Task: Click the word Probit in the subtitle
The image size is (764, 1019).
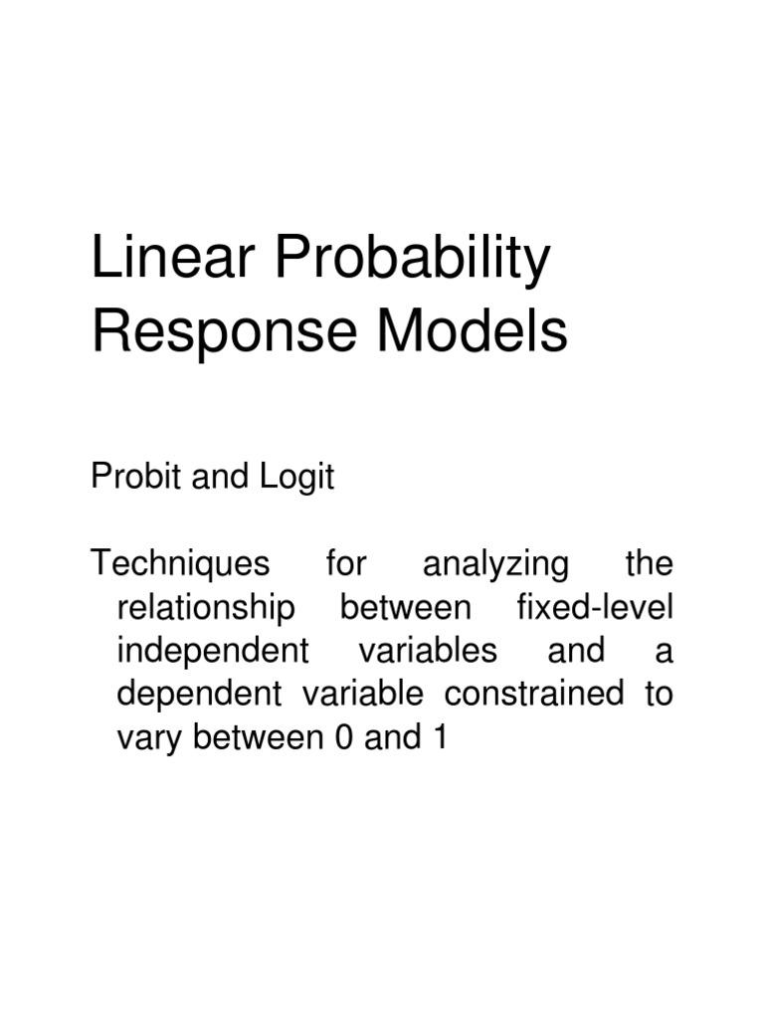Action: point(124,478)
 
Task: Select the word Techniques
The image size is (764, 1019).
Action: point(180,565)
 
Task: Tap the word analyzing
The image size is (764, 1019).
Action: point(495,565)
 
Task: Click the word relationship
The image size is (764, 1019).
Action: point(206,608)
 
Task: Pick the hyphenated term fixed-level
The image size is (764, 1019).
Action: point(595,608)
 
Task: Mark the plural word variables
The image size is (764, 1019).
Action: point(428,651)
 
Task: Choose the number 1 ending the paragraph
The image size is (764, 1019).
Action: point(436,737)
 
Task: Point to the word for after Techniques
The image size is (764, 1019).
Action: point(346,564)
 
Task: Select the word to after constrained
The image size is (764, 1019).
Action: point(659,694)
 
